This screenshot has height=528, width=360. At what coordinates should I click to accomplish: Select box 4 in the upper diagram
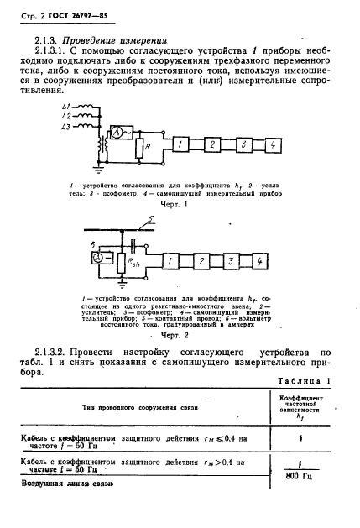click(x=273, y=146)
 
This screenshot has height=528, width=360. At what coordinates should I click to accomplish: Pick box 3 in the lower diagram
click(x=231, y=262)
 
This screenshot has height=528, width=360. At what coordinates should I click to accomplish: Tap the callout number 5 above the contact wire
click(x=149, y=221)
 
